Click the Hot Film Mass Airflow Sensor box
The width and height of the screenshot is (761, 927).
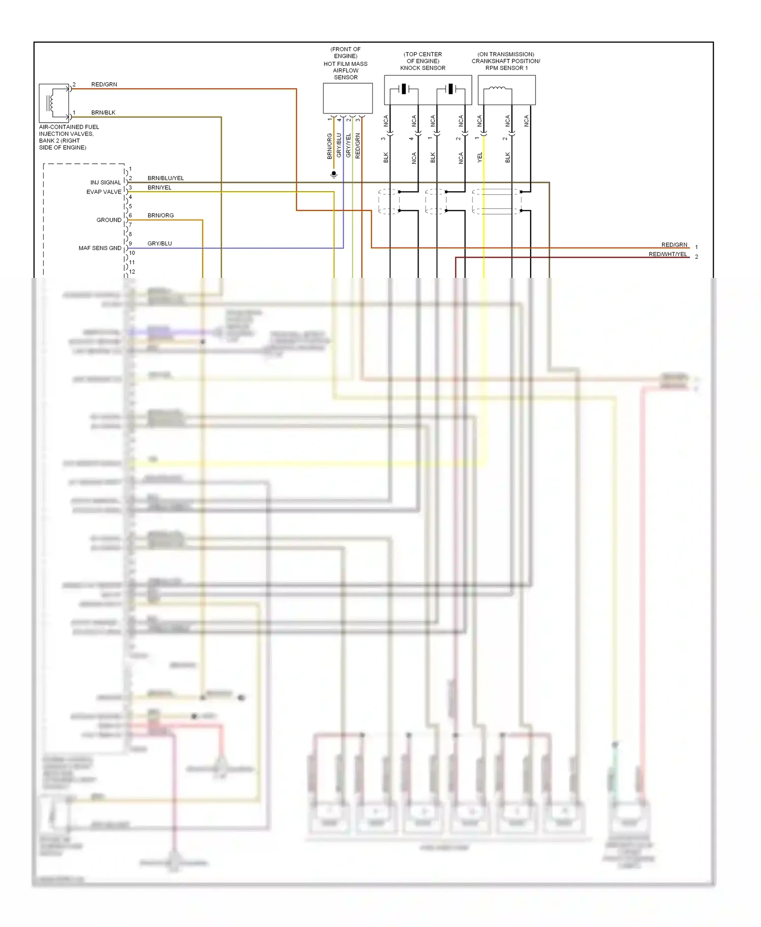click(348, 98)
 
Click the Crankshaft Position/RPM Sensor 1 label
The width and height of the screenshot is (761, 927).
click(506, 64)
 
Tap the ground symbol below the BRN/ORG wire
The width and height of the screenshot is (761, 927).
click(334, 174)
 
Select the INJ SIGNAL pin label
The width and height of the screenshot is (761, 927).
click(106, 183)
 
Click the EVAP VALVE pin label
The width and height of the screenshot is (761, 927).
click(104, 192)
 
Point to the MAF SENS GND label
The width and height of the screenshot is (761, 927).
click(100, 248)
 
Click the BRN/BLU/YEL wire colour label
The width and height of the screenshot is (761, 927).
click(165, 178)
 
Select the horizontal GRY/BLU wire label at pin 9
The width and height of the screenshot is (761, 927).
click(159, 243)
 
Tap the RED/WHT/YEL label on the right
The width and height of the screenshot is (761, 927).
click(668, 254)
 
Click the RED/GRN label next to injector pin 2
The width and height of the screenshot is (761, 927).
click(104, 84)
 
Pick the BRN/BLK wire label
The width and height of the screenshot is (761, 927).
click(103, 113)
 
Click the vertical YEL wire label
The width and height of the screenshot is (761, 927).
click(479, 157)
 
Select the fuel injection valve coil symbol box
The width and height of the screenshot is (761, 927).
click(54, 103)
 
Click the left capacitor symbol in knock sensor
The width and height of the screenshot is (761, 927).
click(403, 89)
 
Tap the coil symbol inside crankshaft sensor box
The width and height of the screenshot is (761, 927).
click(497, 89)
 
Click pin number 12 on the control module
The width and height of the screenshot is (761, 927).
click(132, 272)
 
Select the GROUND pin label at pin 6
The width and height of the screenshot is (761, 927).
click(109, 220)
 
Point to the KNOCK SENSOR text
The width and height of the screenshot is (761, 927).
click(423, 68)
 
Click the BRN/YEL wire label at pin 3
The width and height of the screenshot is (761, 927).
click(159, 188)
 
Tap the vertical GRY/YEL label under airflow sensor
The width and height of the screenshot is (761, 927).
click(348, 145)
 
